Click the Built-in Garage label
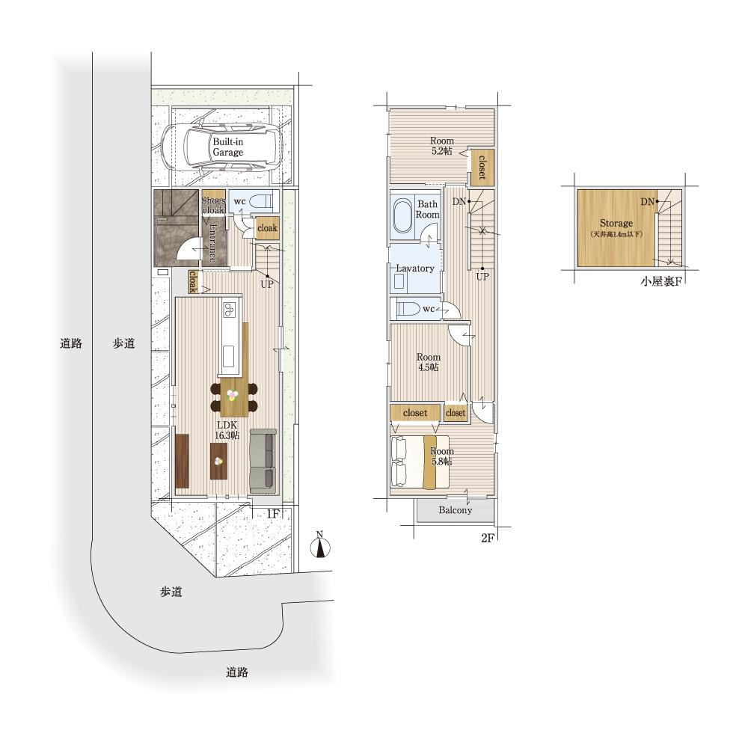(x=228, y=147)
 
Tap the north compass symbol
(x=320, y=545)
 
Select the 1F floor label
(x=272, y=514)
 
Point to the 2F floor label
(x=487, y=538)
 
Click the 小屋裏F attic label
(x=660, y=281)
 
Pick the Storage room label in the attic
(x=616, y=223)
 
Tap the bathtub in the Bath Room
(x=404, y=217)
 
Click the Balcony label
(x=455, y=510)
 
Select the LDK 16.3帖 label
(x=227, y=430)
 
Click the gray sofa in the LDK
(x=263, y=461)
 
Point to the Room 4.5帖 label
(x=429, y=362)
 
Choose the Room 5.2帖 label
(x=442, y=146)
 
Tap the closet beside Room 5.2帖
(x=482, y=167)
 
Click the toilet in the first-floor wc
(x=261, y=200)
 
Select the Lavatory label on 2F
(x=415, y=269)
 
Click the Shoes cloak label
(x=213, y=205)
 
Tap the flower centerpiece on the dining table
(x=233, y=395)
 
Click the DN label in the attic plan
(x=647, y=202)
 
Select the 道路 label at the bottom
(x=237, y=672)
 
